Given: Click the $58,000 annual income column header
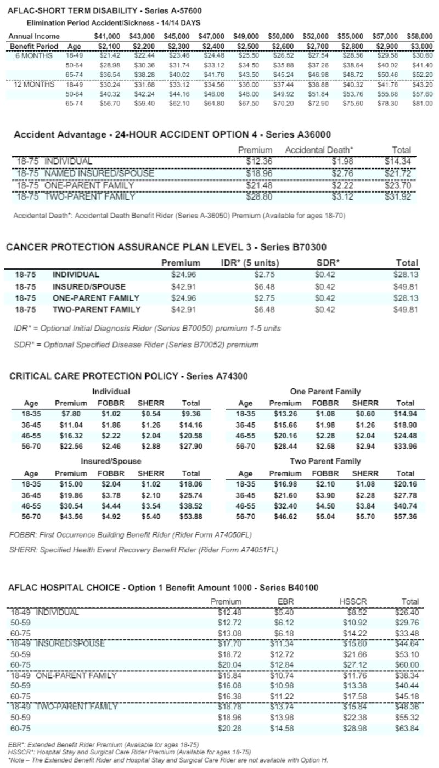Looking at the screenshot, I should (420, 36).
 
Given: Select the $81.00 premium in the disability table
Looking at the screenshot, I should (422, 102).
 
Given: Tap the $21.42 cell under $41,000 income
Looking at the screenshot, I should (106, 55).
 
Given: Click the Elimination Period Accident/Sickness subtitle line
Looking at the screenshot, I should (113, 22).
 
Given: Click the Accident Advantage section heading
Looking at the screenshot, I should (172, 135).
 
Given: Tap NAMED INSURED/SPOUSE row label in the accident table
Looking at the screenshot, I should (99, 173).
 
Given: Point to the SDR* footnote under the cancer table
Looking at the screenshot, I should (136, 345).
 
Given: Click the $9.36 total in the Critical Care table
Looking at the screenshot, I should (191, 414).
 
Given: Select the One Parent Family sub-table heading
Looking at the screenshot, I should (325, 391).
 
